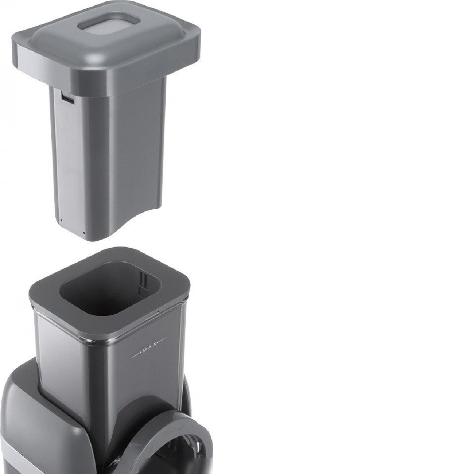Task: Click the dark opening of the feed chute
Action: point(110,288)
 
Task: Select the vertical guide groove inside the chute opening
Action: point(144,283)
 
